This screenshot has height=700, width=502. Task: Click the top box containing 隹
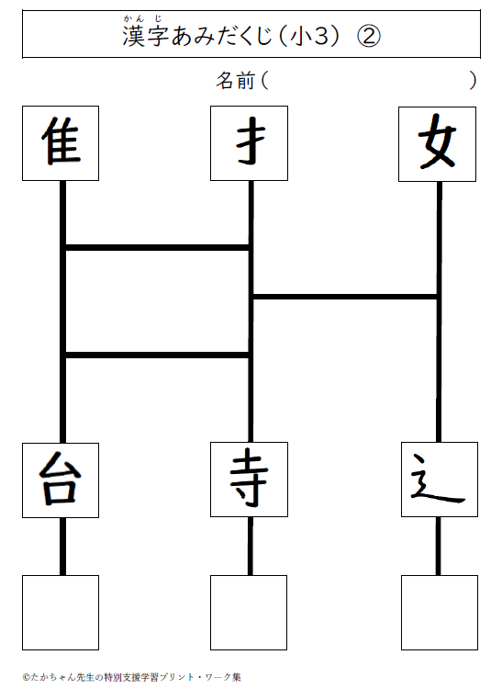[61, 143]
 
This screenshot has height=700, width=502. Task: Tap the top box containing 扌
[250, 143]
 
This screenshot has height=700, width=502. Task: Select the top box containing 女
[438, 144]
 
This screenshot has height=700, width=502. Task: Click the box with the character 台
[61, 480]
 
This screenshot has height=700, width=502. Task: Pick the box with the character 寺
[250, 480]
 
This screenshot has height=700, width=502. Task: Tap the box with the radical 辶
[440, 480]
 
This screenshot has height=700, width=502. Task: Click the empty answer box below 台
[61, 613]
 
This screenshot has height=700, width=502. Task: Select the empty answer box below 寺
[249, 613]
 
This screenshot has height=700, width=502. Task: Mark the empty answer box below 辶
[440, 613]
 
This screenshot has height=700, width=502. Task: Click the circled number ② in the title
[369, 36]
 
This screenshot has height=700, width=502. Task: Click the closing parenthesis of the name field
[473, 81]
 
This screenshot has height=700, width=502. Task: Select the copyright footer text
[131, 677]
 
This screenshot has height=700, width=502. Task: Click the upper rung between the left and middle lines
[157, 247]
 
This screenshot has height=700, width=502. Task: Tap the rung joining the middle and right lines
[345, 297]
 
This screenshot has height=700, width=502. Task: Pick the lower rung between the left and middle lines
[157, 356]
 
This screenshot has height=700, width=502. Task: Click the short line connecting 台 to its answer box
[62, 547]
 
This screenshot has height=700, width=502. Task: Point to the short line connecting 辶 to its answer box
[439, 546]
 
